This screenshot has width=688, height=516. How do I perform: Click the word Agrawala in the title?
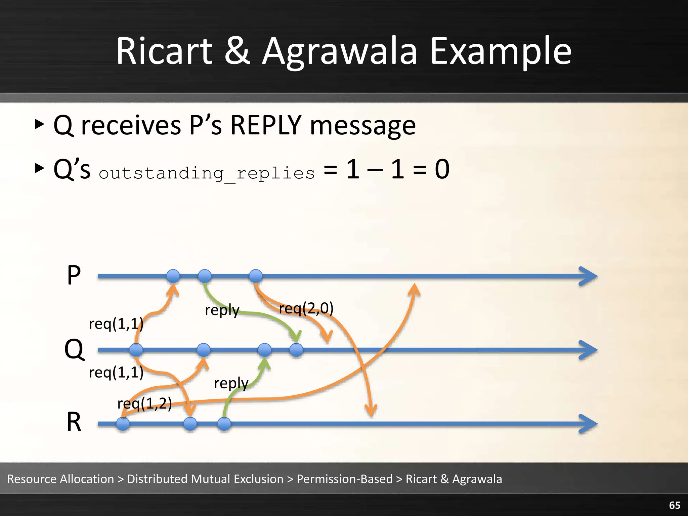(x=339, y=52)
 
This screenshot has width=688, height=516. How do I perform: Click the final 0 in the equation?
(x=442, y=169)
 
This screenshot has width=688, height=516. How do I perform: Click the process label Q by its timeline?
(x=74, y=349)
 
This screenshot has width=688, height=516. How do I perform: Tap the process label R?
(x=74, y=422)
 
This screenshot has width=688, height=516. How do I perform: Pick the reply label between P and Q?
(x=222, y=310)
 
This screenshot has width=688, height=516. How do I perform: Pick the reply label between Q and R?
(x=231, y=383)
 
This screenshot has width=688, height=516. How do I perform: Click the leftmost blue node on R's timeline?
(x=123, y=424)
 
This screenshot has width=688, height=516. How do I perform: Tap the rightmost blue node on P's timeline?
(x=256, y=276)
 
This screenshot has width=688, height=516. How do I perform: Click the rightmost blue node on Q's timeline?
(x=296, y=350)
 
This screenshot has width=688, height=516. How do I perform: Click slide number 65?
(x=675, y=505)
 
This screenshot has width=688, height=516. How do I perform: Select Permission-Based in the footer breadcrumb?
(x=345, y=479)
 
